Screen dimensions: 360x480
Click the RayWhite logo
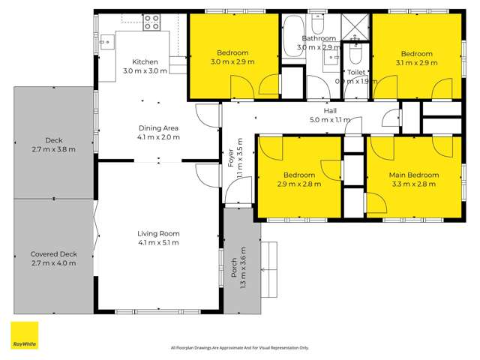(x=24, y=336)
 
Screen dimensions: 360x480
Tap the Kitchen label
(x=145, y=62)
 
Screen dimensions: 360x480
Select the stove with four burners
(x=152, y=22)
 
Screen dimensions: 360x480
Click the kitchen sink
(x=106, y=43)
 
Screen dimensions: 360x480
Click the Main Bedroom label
(x=413, y=175)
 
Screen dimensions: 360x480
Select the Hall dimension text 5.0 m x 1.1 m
(x=330, y=120)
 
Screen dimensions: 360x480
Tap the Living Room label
(x=158, y=233)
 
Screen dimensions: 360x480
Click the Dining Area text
(x=157, y=127)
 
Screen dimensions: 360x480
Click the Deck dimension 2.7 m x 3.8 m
(x=53, y=148)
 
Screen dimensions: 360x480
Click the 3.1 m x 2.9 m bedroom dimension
(x=416, y=63)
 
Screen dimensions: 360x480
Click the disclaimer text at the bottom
(x=240, y=347)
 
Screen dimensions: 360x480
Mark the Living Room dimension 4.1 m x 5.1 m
(x=158, y=243)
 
